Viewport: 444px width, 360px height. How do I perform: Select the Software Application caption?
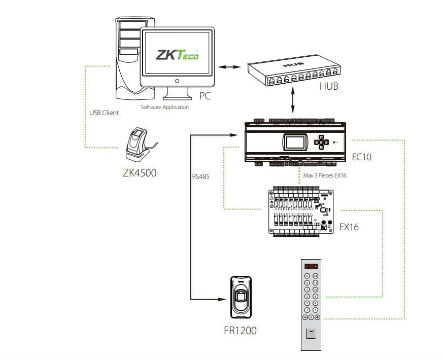click(164, 107)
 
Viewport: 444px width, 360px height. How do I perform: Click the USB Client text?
click(104, 113)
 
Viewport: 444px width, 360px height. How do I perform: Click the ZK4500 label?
click(140, 172)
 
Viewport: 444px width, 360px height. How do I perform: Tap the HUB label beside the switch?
click(328, 87)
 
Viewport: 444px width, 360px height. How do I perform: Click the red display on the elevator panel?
click(311, 266)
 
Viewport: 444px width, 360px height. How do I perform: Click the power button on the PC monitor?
click(177, 81)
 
